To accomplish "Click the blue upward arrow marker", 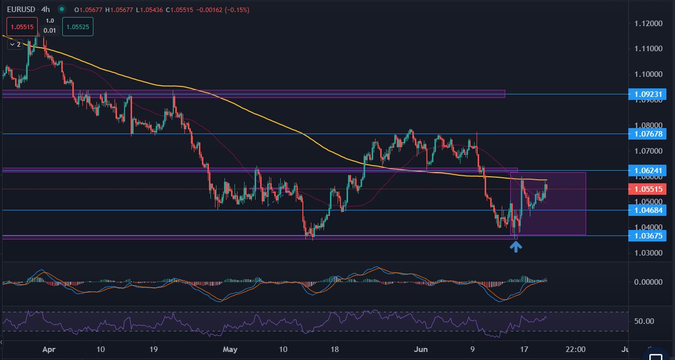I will (x=516, y=246).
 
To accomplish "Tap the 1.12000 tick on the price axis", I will (x=648, y=24).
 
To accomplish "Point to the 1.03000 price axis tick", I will (x=648, y=253).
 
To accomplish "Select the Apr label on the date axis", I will (x=48, y=349).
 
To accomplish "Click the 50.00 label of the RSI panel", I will (x=644, y=321).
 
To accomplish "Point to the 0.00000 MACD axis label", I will (x=648, y=282).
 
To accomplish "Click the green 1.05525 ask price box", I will (x=78, y=27).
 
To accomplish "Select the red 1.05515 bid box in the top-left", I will (x=22, y=27).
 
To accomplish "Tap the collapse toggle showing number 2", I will (x=15, y=45).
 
